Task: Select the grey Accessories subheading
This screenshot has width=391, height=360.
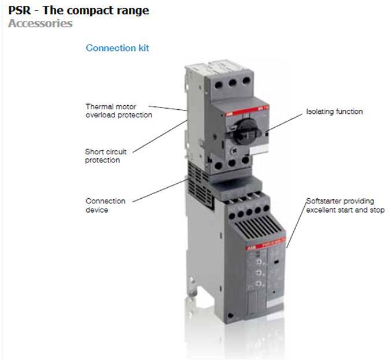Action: pos(40,24)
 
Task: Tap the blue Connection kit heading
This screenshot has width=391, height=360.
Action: pos(117,48)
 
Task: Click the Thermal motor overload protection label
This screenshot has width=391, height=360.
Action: pos(119,110)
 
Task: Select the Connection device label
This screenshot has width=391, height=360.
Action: pos(105,205)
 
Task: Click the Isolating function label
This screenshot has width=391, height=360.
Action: pos(334,112)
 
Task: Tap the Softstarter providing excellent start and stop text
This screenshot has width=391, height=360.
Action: pos(345,206)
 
